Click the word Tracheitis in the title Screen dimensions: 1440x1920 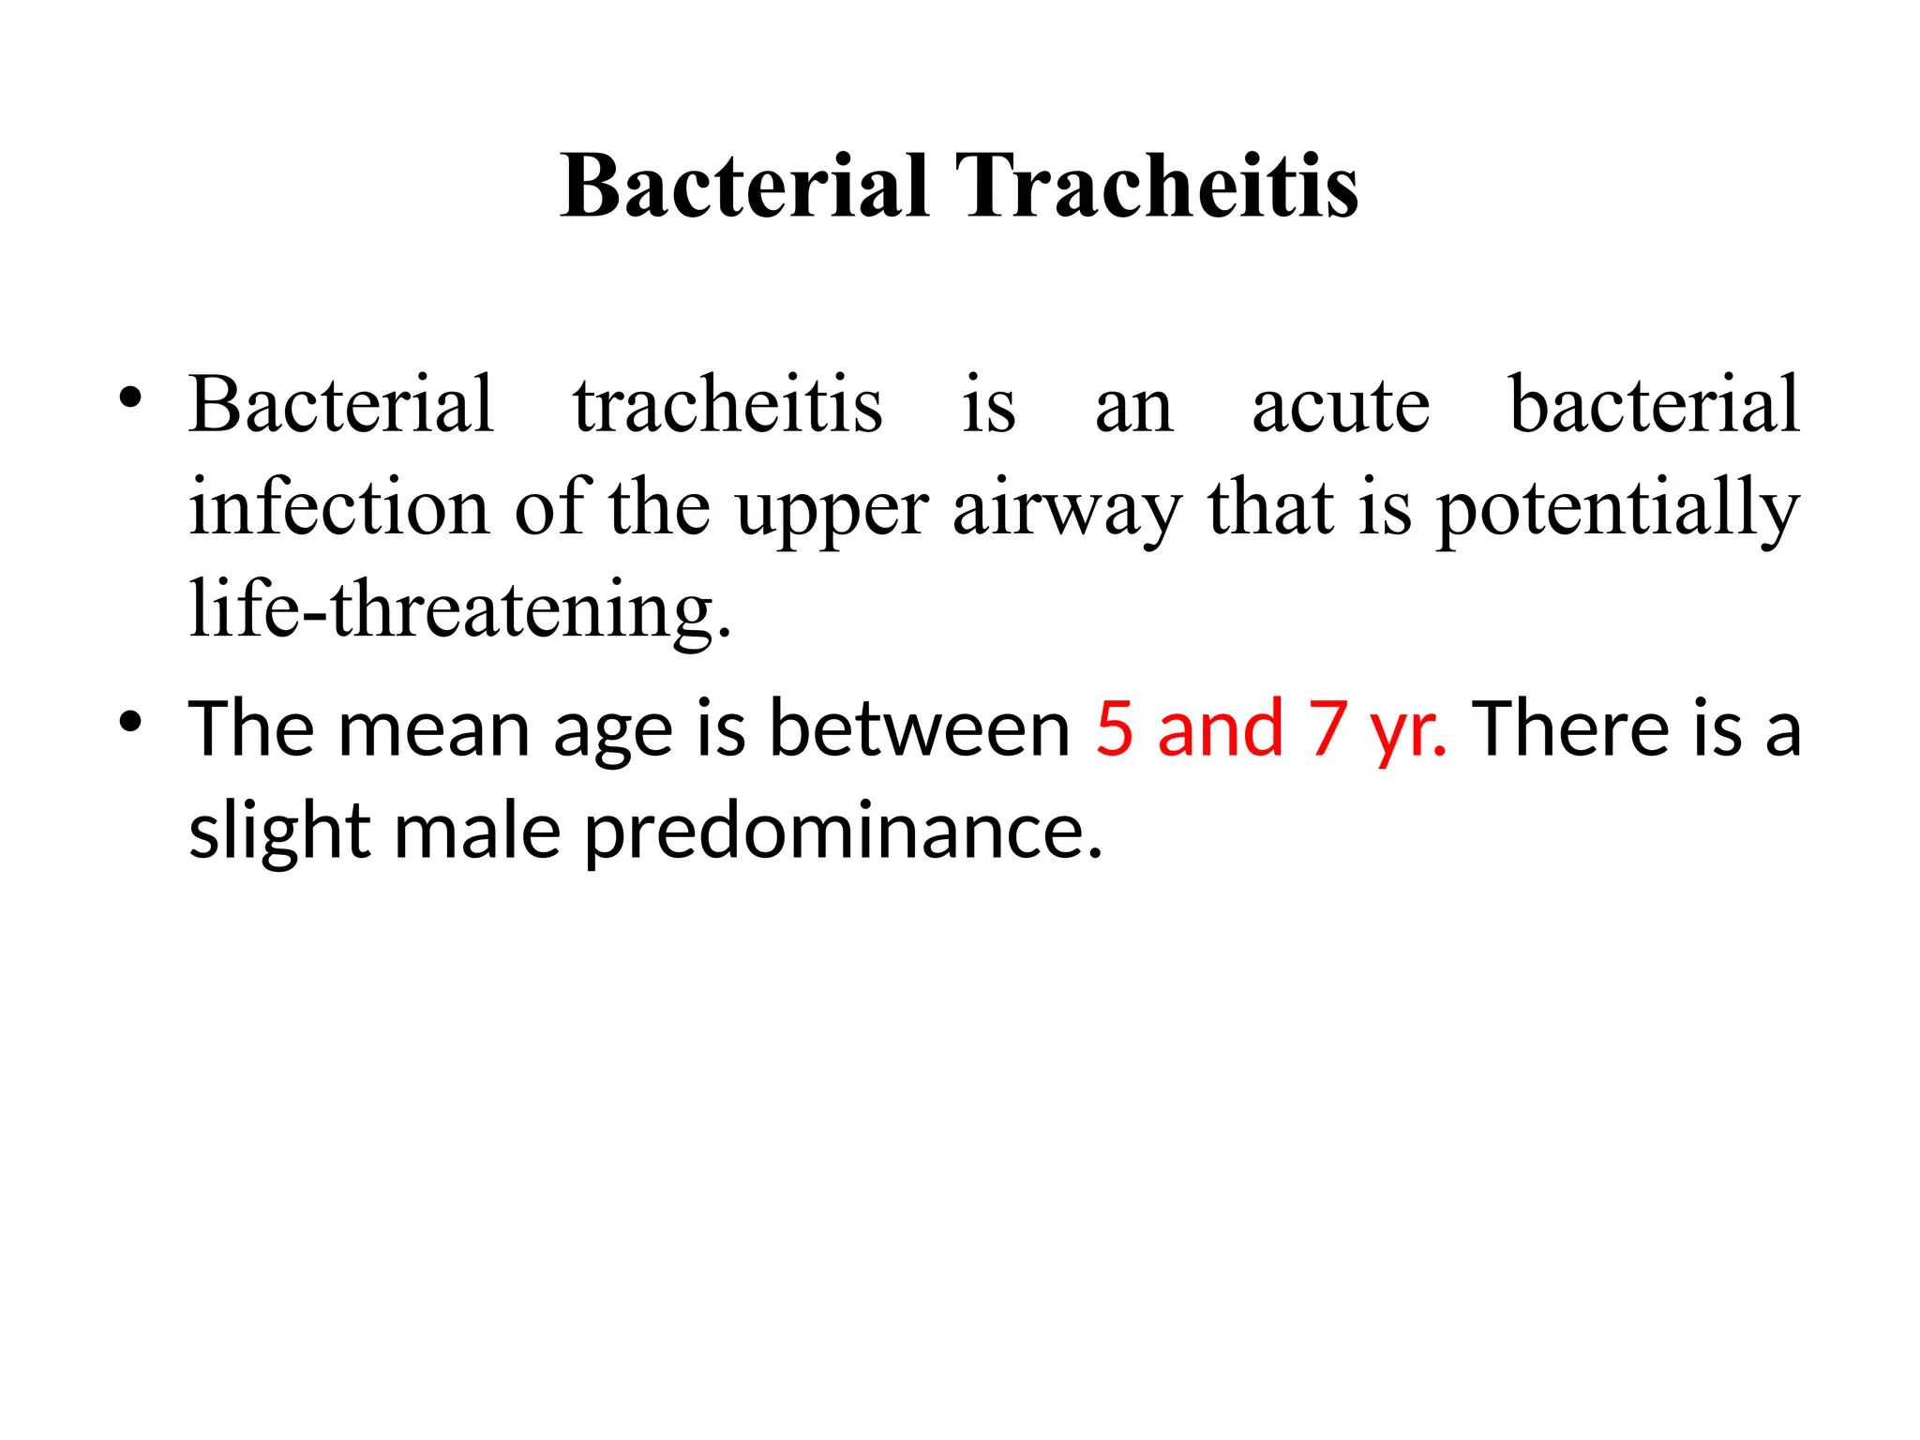click(x=1156, y=187)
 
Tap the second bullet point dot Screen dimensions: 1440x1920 click(x=130, y=723)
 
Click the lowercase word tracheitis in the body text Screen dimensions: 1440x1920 click(x=727, y=405)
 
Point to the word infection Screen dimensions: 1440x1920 click(x=339, y=507)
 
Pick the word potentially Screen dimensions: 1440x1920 click(x=1618, y=509)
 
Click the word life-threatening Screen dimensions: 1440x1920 click(x=459, y=610)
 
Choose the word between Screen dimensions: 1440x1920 click(x=919, y=729)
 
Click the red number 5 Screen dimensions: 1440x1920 click(x=1115, y=729)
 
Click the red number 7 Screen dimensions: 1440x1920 click(x=1329, y=729)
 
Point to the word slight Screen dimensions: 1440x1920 click(x=279, y=832)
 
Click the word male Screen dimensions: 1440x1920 click(x=476, y=831)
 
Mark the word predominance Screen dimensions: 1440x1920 click(x=843, y=832)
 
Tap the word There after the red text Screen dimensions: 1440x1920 click(x=1571, y=729)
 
